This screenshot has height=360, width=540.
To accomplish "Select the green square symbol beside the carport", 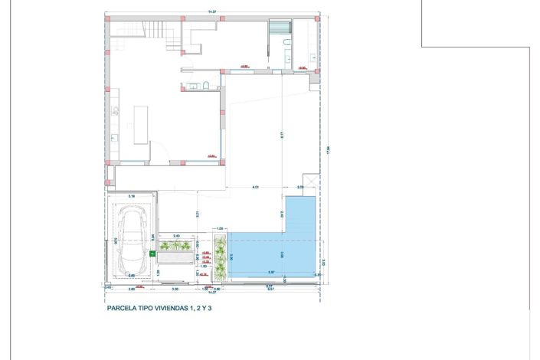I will click(152, 250).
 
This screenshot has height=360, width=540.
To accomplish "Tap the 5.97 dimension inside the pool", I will click(272, 272).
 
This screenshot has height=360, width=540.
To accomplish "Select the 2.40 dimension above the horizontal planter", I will click(176, 235).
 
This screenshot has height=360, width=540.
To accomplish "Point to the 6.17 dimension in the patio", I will click(282, 135).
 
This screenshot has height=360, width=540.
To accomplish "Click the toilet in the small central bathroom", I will click(207, 85).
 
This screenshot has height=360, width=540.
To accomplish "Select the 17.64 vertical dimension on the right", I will click(327, 149).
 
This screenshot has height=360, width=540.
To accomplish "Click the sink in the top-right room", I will click(313, 57).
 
